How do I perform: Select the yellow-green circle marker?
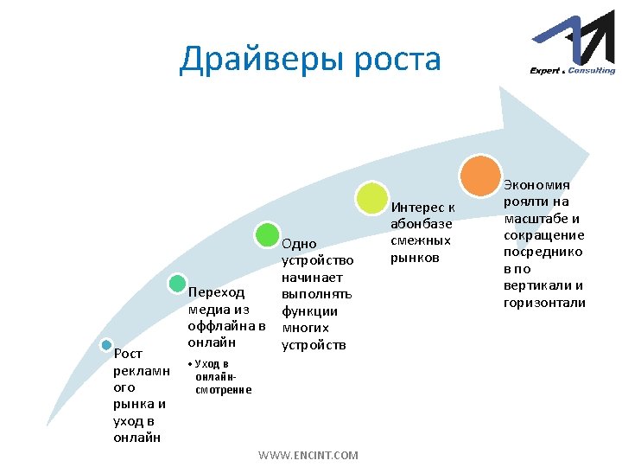click(x=372, y=197)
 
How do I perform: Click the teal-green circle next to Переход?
click(x=177, y=283)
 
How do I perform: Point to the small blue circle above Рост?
click(x=106, y=344)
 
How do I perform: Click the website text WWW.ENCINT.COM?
click(x=308, y=455)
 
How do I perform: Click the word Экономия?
click(x=537, y=185)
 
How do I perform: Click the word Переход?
click(x=216, y=293)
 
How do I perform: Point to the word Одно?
click(x=300, y=244)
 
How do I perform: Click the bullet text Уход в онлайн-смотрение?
click(x=221, y=377)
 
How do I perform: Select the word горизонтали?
click(x=544, y=303)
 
